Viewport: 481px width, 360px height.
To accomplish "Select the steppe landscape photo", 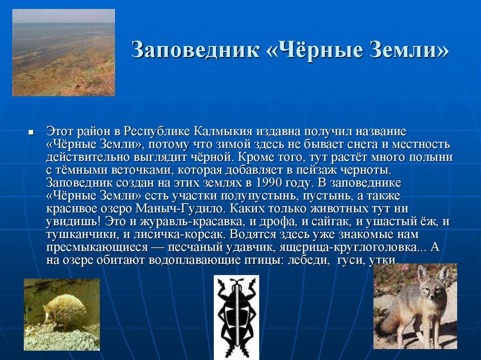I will click(x=63, y=53).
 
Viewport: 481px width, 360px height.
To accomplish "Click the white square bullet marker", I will click(x=31, y=133).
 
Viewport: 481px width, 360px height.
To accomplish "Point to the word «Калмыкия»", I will click(x=224, y=130).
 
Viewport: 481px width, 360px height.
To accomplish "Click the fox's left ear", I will click(x=422, y=273).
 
